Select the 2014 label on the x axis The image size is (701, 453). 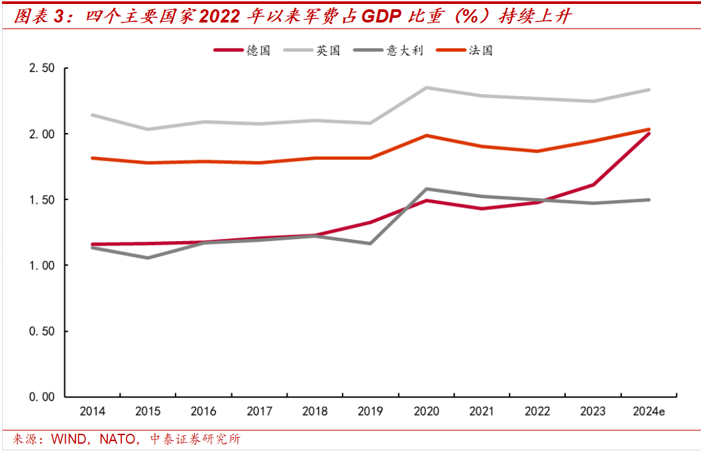tap(92, 412)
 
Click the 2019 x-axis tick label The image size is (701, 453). tap(370, 412)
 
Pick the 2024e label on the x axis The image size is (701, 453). tap(649, 412)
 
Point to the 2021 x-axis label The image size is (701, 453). tap(481, 412)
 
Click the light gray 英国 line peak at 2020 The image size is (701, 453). tap(425, 87)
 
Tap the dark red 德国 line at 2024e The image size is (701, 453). tap(649, 134)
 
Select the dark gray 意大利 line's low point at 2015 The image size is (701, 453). tap(148, 258)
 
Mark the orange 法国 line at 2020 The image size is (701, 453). tap(425, 136)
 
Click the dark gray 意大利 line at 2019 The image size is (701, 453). tap(370, 243)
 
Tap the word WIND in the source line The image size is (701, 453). tap(68, 439)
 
